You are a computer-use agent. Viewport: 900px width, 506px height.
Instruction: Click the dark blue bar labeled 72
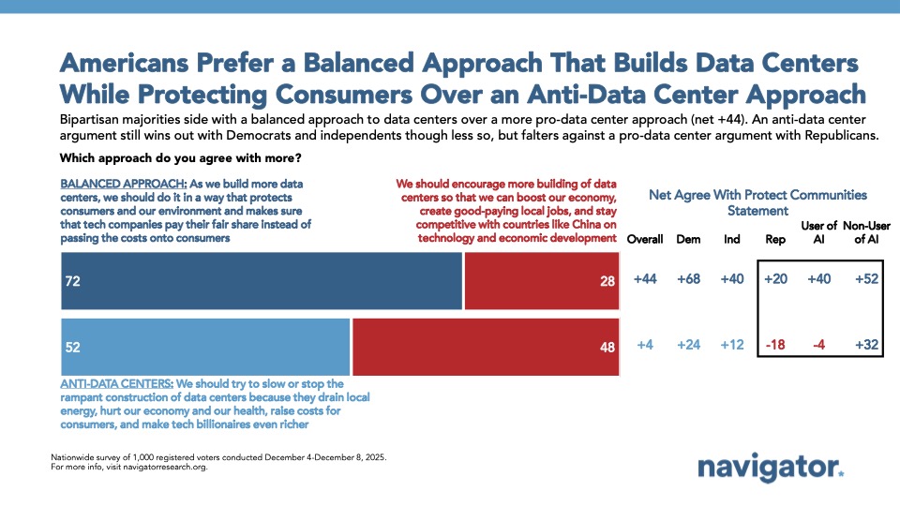point(262,282)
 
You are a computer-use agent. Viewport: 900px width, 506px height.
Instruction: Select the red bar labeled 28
point(542,282)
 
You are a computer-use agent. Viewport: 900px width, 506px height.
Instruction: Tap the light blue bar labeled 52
point(205,347)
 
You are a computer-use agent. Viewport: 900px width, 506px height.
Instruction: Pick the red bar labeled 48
point(486,347)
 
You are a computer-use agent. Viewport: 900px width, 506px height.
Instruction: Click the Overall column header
point(645,239)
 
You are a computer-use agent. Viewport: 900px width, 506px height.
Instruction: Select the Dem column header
point(689,239)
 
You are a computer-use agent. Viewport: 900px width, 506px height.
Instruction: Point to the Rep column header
point(775,239)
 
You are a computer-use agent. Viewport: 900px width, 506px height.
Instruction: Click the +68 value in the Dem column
point(689,280)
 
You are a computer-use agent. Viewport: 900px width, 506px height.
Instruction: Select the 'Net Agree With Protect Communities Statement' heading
point(757,202)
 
